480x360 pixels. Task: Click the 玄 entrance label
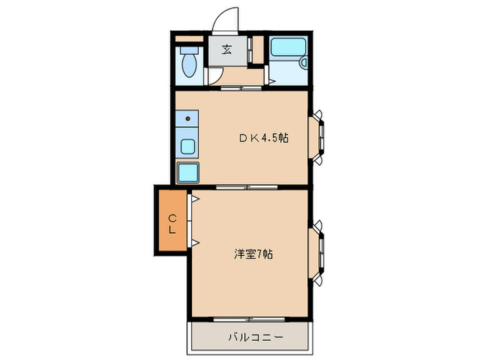point(226,49)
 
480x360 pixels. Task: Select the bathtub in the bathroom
point(287,49)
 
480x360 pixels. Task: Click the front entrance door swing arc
point(224,21)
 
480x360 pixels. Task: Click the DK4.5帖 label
point(264,137)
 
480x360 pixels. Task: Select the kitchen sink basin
point(188,146)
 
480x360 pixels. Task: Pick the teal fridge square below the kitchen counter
point(188,171)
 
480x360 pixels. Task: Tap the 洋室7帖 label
point(254,254)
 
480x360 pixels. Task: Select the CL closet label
point(173,224)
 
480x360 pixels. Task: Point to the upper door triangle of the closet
point(195,200)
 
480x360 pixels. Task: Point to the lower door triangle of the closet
point(195,243)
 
